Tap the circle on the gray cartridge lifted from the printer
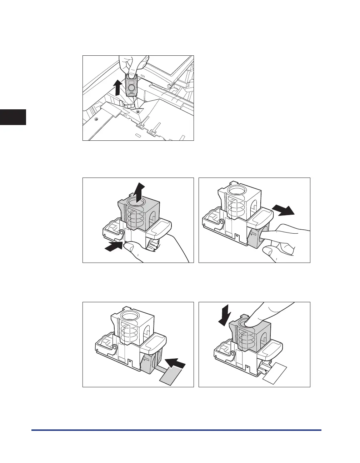point(131,87)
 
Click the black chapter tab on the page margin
point(13,112)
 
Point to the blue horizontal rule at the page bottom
point(176,430)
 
